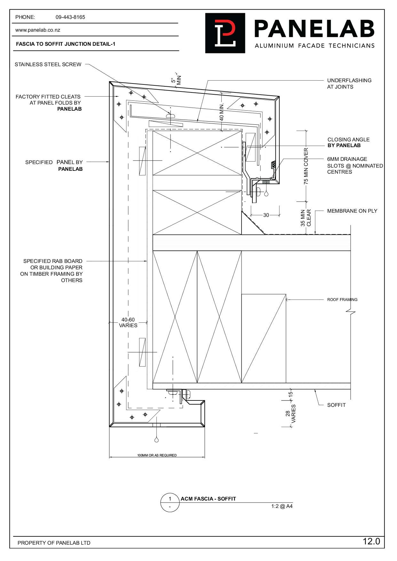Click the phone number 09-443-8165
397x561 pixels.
click(70, 17)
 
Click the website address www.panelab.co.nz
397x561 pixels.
click(37, 30)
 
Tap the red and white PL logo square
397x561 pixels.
click(225, 33)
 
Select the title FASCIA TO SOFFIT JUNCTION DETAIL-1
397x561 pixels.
click(65, 44)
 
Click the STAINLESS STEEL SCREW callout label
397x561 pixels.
click(48, 65)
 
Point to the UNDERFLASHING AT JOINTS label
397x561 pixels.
click(349, 83)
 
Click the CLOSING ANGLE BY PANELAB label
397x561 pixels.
click(348, 142)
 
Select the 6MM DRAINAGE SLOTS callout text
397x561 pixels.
click(354, 165)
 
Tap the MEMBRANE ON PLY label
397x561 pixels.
click(352, 211)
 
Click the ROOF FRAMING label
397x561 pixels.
click(342, 300)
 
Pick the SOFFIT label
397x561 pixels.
click(336, 405)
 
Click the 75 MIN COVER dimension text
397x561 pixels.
click(306, 166)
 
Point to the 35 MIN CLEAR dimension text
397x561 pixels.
click(306, 218)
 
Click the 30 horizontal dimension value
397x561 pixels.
click(266, 215)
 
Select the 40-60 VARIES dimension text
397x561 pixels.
click(128, 322)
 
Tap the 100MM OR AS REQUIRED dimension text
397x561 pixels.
click(157, 455)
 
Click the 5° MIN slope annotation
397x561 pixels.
click(176, 80)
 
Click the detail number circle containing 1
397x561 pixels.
click(170, 499)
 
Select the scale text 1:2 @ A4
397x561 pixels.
click(282, 506)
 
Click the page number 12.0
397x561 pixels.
click(371, 541)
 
